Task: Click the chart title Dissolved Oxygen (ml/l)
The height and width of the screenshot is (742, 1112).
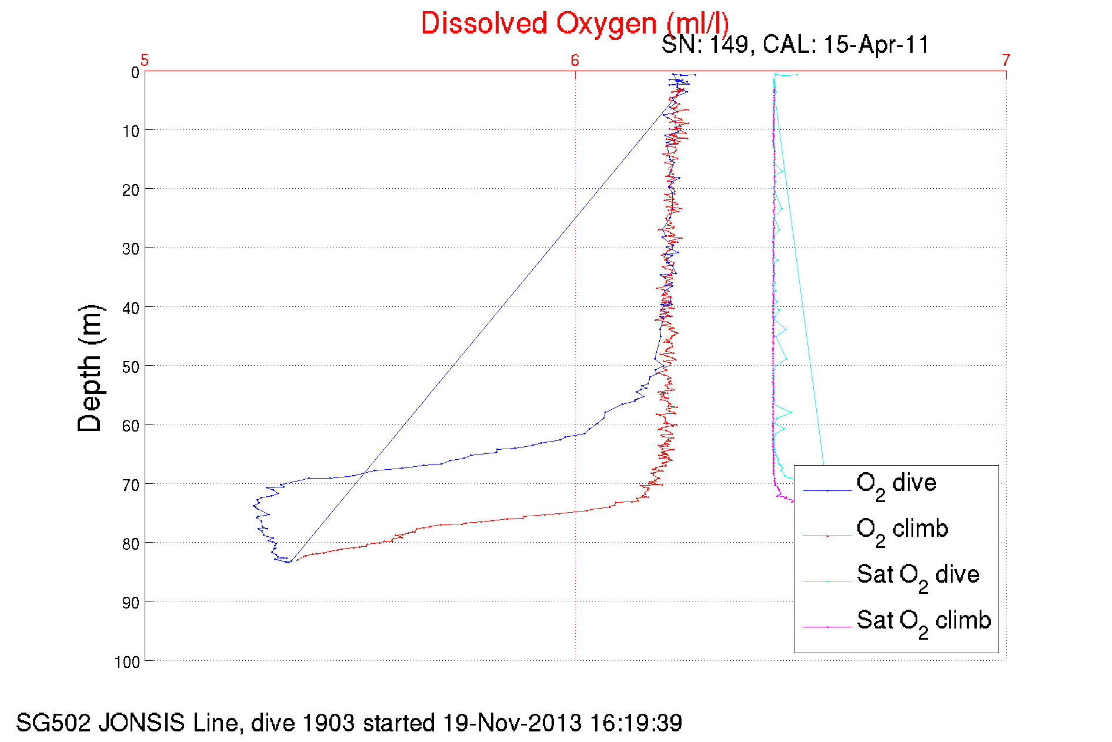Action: point(575,24)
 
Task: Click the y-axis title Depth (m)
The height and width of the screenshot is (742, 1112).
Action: point(90,369)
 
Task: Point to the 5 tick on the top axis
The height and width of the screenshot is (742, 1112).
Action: point(144,61)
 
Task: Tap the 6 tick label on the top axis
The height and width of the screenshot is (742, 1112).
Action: point(575,61)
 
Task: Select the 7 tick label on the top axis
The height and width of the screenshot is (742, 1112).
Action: point(1006,61)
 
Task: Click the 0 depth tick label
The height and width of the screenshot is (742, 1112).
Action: point(135,73)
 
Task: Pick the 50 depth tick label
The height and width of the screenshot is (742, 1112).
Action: point(131,367)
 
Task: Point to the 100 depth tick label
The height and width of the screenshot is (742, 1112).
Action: point(127,662)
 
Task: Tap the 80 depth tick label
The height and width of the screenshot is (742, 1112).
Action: point(131,544)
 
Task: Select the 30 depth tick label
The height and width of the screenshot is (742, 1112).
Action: point(131,249)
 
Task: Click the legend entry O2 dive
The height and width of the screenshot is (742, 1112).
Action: point(896,484)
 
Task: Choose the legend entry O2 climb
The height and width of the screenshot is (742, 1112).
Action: point(902,530)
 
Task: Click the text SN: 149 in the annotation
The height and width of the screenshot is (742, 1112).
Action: point(704,45)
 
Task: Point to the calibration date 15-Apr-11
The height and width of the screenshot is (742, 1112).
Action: point(876,45)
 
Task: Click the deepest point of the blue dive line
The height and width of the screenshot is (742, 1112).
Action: point(288,562)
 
